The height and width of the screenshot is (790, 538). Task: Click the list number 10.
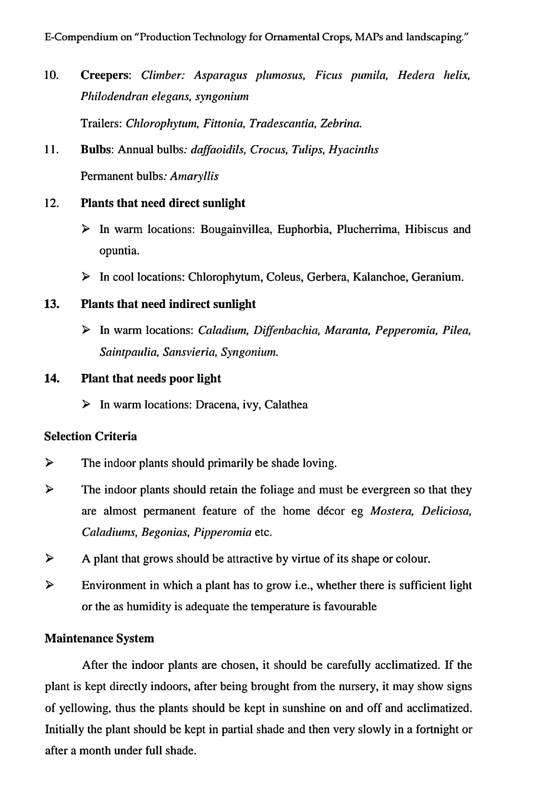click(51, 75)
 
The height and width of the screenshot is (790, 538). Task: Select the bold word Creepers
click(105, 75)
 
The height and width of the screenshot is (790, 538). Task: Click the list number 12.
click(51, 203)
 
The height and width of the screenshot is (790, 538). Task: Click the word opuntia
click(119, 251)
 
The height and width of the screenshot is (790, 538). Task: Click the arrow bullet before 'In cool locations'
click(86, 277)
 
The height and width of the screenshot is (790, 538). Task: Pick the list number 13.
click(51, 304)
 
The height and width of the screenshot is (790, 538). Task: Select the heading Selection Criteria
click(90, 436)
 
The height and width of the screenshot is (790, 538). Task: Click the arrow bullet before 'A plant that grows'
click(49, 558)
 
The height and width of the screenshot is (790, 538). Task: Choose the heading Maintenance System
click(99, 639)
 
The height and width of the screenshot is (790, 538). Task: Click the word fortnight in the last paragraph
click(437, 729)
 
